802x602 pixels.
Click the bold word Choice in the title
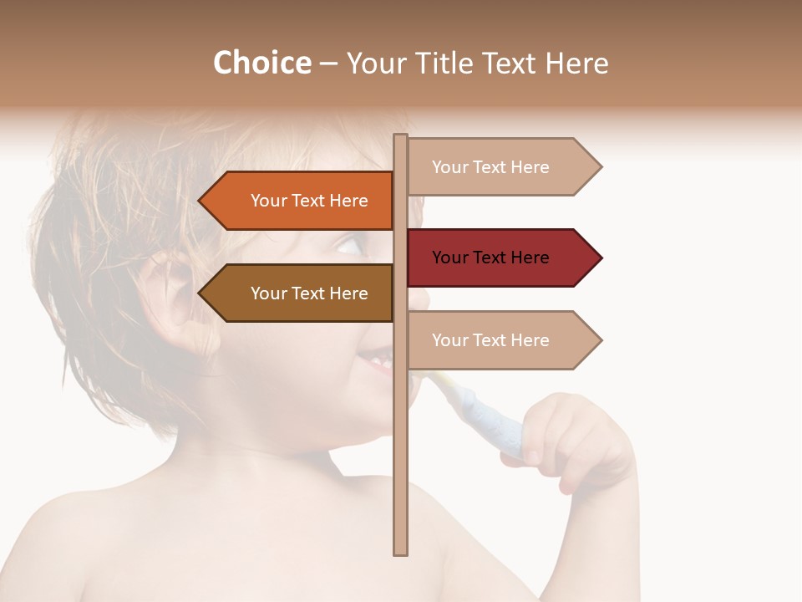coord(261,63)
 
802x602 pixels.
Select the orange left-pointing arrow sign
coord(301,201)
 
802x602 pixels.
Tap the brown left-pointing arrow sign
coord(301,293)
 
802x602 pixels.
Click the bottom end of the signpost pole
coord(400,551)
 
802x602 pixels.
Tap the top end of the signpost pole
coord(400,137)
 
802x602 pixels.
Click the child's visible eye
coord(351,245)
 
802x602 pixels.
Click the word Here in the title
coord(576,63)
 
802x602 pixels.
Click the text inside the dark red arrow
coord(490,258)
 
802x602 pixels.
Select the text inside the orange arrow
coord(309,201)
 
